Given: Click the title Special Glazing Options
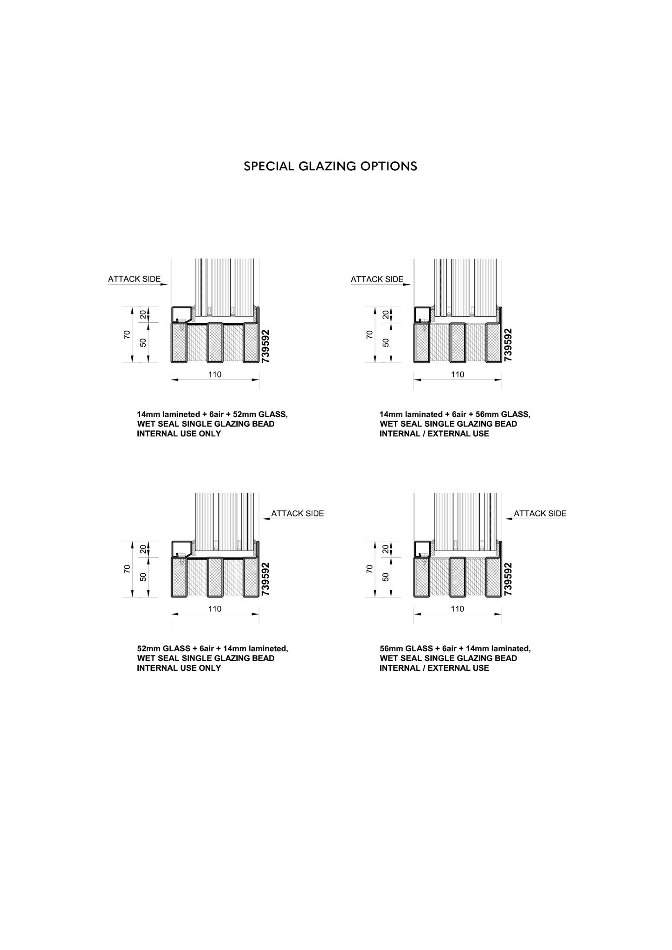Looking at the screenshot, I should (330, 166).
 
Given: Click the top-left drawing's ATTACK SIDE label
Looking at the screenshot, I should (134, 279).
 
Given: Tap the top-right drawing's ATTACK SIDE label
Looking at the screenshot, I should (377, 279).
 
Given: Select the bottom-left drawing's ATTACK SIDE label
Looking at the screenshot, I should (297, 514).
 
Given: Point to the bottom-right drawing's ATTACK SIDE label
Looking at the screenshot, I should (540, 514).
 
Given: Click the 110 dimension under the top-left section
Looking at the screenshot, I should (215, 374).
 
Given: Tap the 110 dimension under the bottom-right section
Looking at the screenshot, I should (458, 609).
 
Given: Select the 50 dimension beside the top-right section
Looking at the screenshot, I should (386, 342).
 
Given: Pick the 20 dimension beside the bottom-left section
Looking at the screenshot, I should (143, 549).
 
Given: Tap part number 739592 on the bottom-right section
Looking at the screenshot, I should (508, 579).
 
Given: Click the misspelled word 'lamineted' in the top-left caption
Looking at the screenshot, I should (182, 414).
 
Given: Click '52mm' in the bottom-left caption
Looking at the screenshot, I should (147, 648).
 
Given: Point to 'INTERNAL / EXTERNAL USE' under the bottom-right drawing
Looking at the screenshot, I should (434, 668).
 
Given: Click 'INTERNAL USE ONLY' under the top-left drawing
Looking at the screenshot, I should (179, 434).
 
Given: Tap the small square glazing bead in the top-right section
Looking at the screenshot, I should (422, 314).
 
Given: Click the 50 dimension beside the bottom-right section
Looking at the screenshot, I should (386, 577).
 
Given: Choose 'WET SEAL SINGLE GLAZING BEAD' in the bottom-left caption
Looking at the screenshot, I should (206, 658).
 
